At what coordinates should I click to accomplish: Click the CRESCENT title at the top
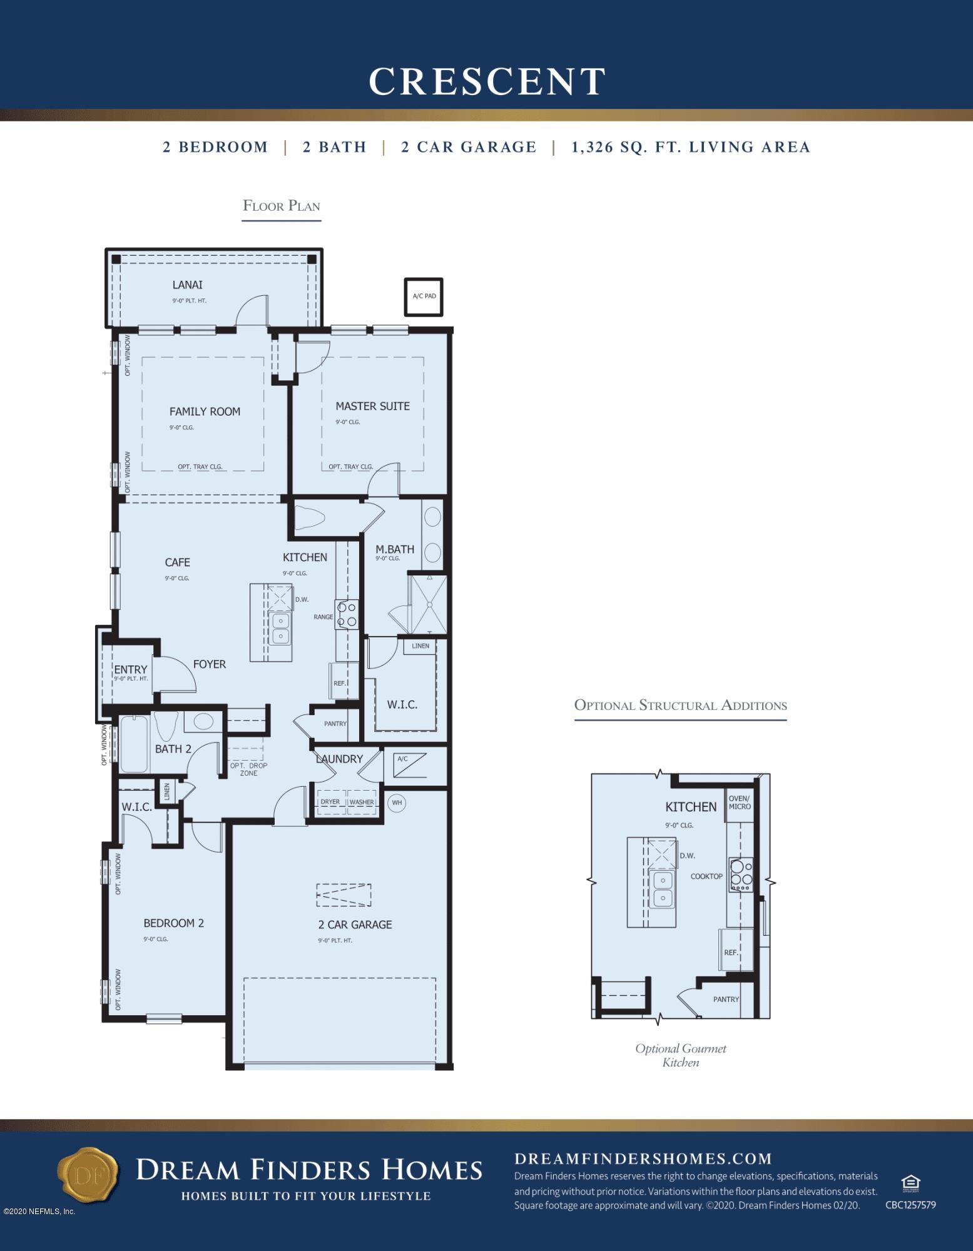[486, 81]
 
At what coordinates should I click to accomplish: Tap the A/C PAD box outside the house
[424, 296]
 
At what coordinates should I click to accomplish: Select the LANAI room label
[188, 285]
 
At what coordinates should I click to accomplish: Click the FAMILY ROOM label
[205, 412]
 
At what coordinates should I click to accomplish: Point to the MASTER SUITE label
[372, 406]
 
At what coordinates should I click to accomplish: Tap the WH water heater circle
[396, 803]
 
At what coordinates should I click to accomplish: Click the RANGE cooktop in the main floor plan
[346, 614]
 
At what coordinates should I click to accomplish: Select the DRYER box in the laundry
[330, 803]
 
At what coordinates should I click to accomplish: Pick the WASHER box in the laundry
[362, 803]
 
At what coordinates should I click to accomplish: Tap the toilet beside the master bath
[310, 519]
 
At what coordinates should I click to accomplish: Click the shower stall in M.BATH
[428, 604]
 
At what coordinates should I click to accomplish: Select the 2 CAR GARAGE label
[355, 924]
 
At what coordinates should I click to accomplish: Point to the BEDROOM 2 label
[173, 923]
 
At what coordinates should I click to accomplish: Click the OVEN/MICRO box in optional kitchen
[739, 803]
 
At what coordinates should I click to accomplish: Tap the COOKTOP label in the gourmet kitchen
[706, 876]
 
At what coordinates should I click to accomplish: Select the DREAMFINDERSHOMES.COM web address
[643, 1158]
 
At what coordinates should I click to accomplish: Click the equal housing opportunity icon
[910, 1183]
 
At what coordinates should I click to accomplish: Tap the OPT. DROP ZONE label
[248, 769]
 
